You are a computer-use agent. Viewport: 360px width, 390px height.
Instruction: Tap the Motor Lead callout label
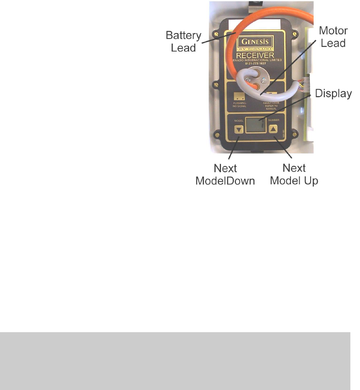[333, 37]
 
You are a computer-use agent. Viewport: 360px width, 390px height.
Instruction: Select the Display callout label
[333, 93]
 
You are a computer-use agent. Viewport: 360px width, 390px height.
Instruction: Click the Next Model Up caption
[294, 174]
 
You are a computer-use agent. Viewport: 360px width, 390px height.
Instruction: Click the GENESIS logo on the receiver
[255, 42]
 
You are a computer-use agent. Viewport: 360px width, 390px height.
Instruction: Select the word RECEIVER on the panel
[255, 56]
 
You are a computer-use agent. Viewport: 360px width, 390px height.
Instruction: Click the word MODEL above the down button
[239, 120]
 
